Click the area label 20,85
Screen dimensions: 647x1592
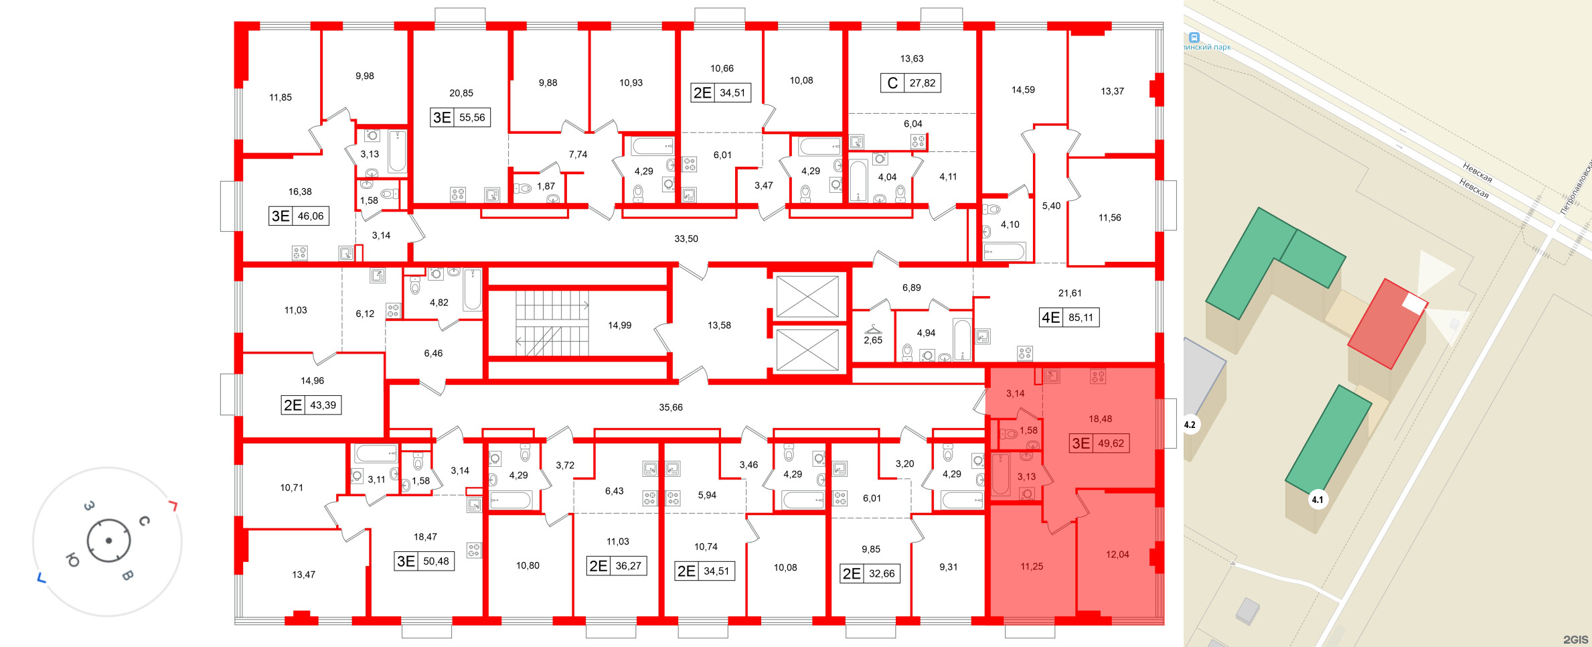pyautogui.click(x=461, y=93)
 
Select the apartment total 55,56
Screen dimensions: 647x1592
pyautogui.click(x=472, y=118)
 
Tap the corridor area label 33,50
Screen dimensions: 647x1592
pyautogui.click(x=686, y=238)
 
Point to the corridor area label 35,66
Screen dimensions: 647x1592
pyautogui.click(x=670, y=407)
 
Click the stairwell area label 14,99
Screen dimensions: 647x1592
pyautogui.click(x=619, y=326)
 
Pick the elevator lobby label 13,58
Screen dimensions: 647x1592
pyautogui.click(x=719, y=326)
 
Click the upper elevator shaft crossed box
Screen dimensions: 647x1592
pyautogui.click(x=807, y=296)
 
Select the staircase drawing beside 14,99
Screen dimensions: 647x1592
pyautogui.click(x=552, y=323)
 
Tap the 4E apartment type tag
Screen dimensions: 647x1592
pyautogui.click(x=1050, y=317)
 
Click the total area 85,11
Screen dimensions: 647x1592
pyautogui.click(x=1081, y=317)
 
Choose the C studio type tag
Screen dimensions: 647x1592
pyautogui.click(x=892, y=83)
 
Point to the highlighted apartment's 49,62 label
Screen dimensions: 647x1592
pyautogui.click(x=1111, y=443)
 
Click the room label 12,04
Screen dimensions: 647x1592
pyautogui.click(x=1117, y=555)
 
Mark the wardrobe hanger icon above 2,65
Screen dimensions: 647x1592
pyautogui.click(x=873, y=328)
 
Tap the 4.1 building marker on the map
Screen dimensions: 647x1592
pyautogui.click(x=1317, y=500)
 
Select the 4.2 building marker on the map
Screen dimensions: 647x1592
pyautogui.click(x=1190, y=425)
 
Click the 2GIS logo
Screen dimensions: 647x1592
pyautogui.click(x=1575, y=640)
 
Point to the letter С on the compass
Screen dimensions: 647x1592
pyautogui.click(x=144, y=521)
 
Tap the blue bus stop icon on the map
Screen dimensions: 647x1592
pyautogui.click(x=1194, y=38)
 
